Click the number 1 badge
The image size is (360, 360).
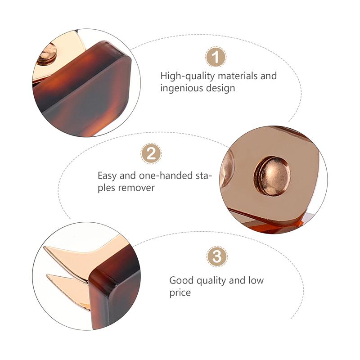[216, 57]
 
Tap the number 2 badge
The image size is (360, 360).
[151, 153]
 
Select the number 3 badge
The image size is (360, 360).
[217, 256]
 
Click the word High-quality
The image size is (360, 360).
[188, 76]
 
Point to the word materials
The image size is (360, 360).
[238, 76]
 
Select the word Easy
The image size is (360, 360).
[107, 176]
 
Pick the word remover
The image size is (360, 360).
[136, 188]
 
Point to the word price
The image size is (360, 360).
[180, 293]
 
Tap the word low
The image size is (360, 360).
[256, 280]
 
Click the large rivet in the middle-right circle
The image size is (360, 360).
[272, 176]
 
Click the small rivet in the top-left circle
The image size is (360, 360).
[47, 54]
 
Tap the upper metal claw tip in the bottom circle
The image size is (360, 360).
[45, 247]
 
